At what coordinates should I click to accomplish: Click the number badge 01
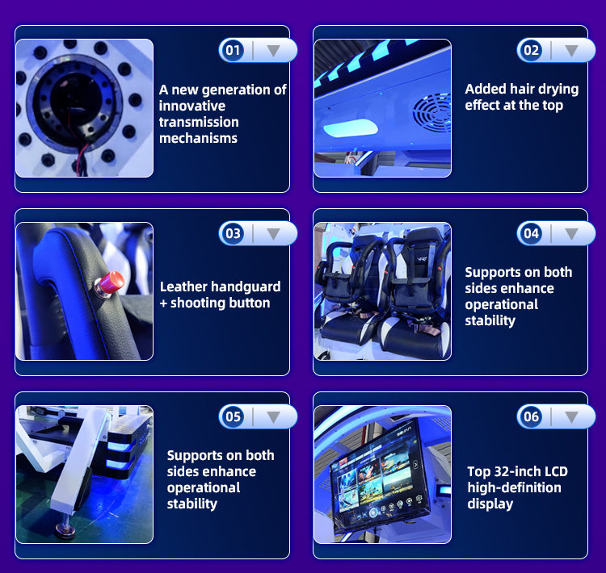point(233,50)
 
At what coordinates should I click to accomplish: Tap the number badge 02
point(531,50)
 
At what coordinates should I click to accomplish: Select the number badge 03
point(233,233)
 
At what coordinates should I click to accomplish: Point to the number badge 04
point(531,233)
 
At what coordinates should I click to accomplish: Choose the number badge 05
point(233,416)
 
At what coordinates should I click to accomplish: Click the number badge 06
point(531,416)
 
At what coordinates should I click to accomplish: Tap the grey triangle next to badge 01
point(273,51)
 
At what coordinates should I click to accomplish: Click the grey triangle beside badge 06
point(571,417)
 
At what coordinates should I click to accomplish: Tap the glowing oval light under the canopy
point(350,128)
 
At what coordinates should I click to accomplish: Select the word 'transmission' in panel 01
point(199,122)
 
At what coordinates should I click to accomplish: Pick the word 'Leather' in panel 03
point(183,286)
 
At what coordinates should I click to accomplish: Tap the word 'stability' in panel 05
point(192,504)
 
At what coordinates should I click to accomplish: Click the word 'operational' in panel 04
point(501,305)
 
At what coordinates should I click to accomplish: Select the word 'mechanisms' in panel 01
point(198,138)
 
